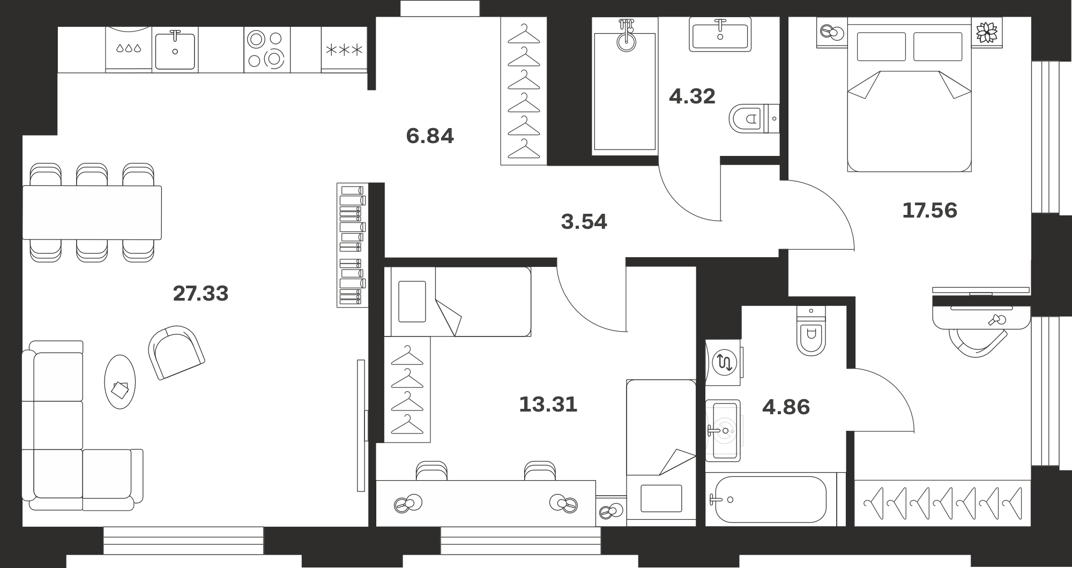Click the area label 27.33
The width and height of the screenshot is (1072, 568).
(x=200, y=294)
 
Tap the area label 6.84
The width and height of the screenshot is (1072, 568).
(x=430, y=136)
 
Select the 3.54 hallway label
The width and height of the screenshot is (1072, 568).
(x=584, y=222)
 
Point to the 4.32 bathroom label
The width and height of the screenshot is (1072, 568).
(x=692, y=96)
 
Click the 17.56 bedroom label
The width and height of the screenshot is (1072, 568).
(x=929, y=211)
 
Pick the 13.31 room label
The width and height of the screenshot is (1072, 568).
(x=548, y=405)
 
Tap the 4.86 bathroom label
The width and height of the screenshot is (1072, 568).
(x=786, y=407)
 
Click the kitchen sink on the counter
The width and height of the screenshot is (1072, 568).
(x=175, y=50)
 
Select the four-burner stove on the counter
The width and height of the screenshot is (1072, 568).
(x=267, y=49)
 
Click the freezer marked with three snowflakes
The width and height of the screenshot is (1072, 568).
(x=344, y=50)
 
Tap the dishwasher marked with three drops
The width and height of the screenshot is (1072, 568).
(x=129, y=49)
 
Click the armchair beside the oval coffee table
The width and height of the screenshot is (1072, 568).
(x=176, y=352)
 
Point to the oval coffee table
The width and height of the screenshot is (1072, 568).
(x=120, y=382)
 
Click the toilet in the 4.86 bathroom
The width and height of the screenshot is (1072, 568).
(x=811, y=331)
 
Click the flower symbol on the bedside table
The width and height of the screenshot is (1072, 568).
(x=986, y=32)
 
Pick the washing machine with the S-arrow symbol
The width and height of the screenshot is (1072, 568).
(x=724, y=362)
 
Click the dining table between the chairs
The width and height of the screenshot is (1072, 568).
(x=92, y=212)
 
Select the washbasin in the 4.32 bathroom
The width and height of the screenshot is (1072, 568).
(x=720, y=34)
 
